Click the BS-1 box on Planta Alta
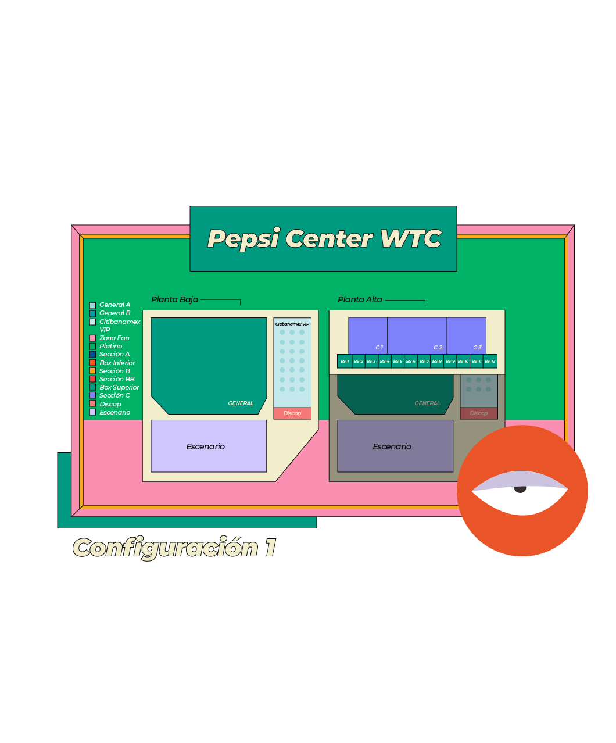tap(345, 361)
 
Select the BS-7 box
tap(424, 361)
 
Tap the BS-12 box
tap(490, 361)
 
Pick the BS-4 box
tap(384, 361)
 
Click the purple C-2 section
tap(417, 335)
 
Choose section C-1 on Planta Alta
tap(368, 335)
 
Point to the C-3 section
tap(466, 335)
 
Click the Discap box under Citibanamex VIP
tap(292, 413)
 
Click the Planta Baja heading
tap(174, 299)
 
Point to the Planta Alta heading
tap(360, 299)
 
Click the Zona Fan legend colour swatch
tap(92, 338)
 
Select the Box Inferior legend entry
tap(117, 363)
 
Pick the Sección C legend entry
tap(114, 395)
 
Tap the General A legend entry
tap(114, 305)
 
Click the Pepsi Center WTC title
tap(324, 238)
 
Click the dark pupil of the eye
tap(520, 488)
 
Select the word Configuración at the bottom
tap(166, 548)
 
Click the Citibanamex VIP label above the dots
tap(292, 324)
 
